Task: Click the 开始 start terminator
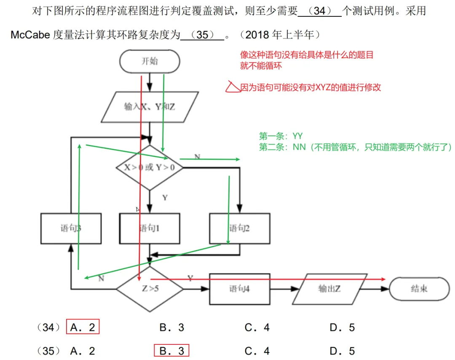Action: [150, 62]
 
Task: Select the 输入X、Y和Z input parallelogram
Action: [150, 107]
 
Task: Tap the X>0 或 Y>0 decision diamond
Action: [150, 167]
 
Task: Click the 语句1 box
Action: [150, 228]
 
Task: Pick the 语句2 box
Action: [240, 228]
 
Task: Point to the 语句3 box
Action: [71, 228]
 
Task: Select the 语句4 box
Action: [240, 289]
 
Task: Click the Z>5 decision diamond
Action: [150, 289]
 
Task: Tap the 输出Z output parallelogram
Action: [329, 289]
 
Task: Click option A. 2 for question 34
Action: [83, 327]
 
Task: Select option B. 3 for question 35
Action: [171, 351]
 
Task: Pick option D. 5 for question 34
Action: [342, 327]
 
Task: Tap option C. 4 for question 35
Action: [257, 351]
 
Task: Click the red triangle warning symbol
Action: [232, 87]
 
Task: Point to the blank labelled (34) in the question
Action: [320, 11]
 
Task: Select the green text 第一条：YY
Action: [281, 136]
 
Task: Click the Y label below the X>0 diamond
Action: [165, 197]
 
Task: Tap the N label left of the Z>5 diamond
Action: [102, 278]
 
